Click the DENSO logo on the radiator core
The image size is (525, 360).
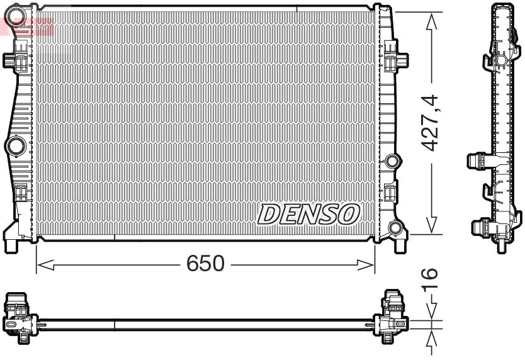click(308, 214)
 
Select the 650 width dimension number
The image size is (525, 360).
click(205, 264)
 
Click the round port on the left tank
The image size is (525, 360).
click(14, 146)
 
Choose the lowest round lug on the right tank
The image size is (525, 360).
click(396, 227)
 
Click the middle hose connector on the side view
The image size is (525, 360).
click(478, 161)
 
